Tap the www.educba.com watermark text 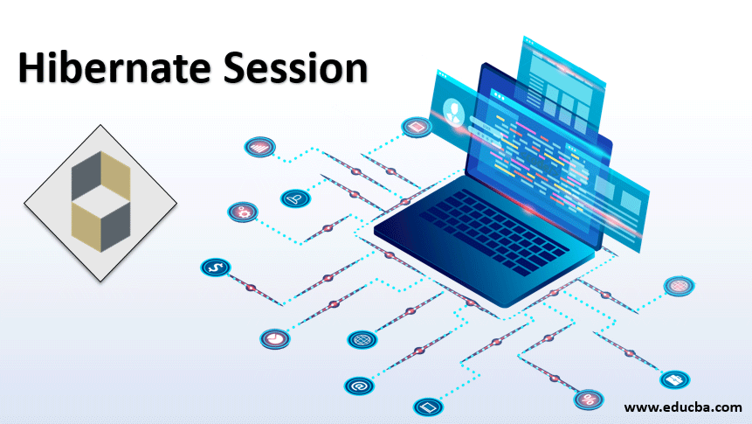click(x=683, y=407)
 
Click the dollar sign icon click(x=214, y=266)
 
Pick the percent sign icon click(x=588, y=400)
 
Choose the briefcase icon click(x=674, y=379)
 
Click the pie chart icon click(x=273, y=337)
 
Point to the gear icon click(x=241, y=212)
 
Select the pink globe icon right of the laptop click(x=679, y=285)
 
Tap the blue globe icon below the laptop click(x=362, y=338)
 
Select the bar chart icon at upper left click(x=259, y=148)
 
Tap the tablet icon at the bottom click(x=427, y=407)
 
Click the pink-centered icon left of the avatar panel click(x=417, y=128)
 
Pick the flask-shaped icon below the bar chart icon click(x=295, y=198)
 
